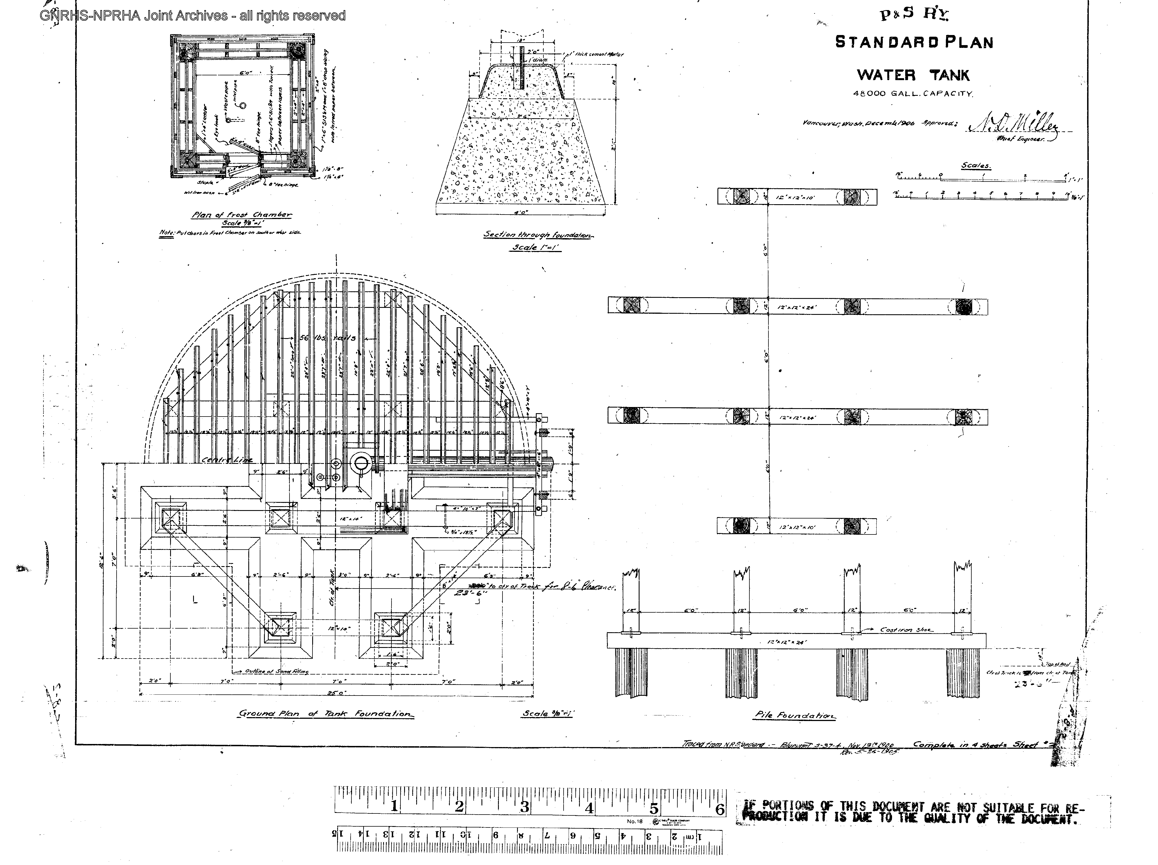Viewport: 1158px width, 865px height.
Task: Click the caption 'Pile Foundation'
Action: click(x=795, y=715)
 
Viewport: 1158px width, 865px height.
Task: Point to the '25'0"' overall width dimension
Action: click(x=336, y=693)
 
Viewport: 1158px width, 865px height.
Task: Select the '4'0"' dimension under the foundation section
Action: click(x=520, y=212)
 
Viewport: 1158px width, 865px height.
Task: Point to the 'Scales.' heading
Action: click(x=976, y=166)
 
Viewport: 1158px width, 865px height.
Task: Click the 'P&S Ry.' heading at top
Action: click(x=914, y=14)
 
